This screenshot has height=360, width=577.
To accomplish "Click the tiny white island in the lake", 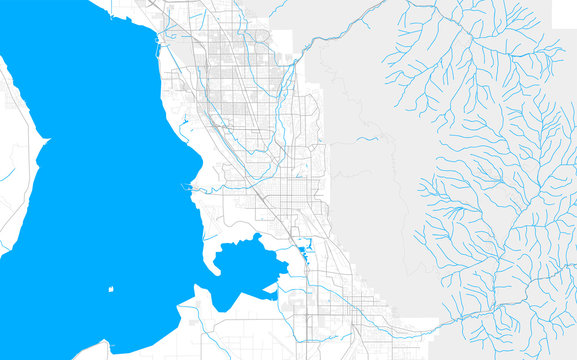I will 110,290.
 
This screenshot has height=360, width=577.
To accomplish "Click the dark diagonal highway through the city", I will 265,200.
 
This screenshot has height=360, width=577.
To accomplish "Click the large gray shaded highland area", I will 370,200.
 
